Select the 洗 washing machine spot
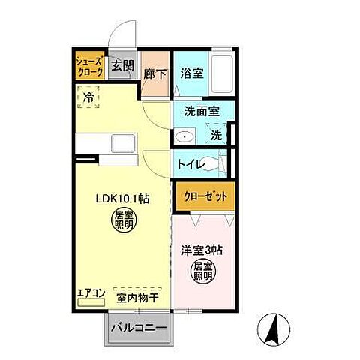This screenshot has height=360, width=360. [x=215, y=136]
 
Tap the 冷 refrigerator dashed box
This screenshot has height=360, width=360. [x=89, y=98]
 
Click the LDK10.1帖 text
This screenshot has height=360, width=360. [x=121, y=199]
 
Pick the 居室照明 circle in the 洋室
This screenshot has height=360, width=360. [x=202, y=271]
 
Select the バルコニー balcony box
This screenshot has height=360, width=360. [x=139, y=328]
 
